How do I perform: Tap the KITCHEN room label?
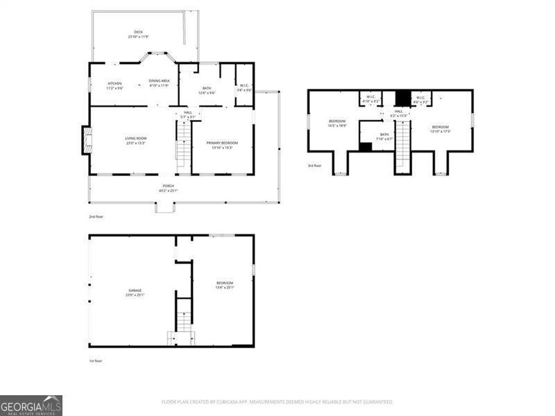114,84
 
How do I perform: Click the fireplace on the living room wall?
86,140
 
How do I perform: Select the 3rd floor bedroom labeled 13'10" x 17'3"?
441,128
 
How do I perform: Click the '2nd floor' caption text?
96,216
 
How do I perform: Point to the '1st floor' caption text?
96,361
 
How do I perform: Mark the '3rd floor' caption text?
315,166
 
